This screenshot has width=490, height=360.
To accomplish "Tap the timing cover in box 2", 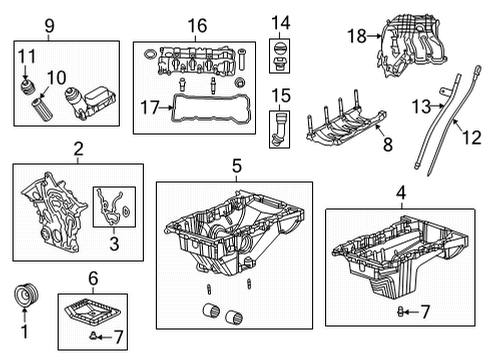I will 49,211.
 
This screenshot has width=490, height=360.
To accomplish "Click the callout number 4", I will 400,191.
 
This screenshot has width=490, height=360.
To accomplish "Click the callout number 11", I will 28,56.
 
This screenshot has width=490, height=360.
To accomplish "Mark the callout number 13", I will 421,105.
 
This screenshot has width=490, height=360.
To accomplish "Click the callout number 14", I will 280,21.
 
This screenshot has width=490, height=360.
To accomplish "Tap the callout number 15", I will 280,96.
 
